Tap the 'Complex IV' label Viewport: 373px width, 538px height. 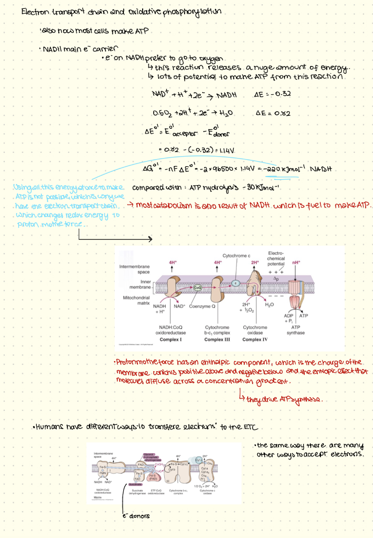pyautogui.click(x=255, y=339)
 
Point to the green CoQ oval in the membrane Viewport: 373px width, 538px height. pyautogui.click(x=197, y=288)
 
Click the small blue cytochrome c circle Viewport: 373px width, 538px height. pyautogui.click(x=236, y=282)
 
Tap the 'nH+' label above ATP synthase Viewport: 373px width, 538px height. pyautogui.click(x=296, y=262)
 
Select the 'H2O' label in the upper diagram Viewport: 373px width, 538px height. pyautogui.click(x=269, y=304)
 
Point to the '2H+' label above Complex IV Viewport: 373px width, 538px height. pyautogui.click(x=255, y=263)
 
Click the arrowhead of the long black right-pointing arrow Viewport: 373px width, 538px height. pyautogui.click(x=151, y=239)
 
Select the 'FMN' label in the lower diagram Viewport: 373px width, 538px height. pyautogui.click(x=103, y=473)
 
